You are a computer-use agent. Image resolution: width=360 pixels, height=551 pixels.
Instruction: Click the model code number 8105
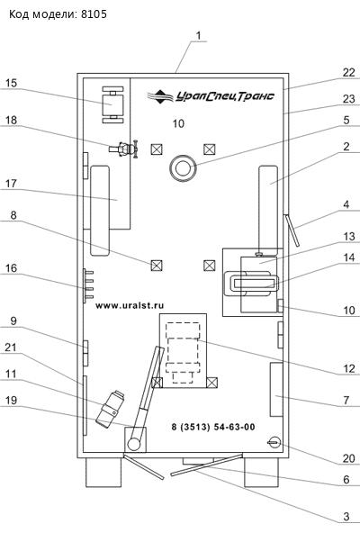click(94, 14)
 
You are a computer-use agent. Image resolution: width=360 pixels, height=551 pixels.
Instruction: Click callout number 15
click(11, 83)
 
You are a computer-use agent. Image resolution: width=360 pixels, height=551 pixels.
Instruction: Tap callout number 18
click(11, 120)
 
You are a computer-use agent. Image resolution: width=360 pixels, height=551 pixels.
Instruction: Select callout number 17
click(11, 184)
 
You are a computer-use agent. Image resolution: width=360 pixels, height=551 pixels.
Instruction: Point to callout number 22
click(349, 72)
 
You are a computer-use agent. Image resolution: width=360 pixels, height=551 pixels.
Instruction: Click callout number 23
click(349, 99)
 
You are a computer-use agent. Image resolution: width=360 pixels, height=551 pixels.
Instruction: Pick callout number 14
click(349, 257)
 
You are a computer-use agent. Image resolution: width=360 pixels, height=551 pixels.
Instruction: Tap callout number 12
click(349, 368)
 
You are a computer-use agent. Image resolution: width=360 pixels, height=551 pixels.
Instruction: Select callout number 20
click(349, 458)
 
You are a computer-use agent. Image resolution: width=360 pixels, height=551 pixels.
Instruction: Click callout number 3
click(346, 516)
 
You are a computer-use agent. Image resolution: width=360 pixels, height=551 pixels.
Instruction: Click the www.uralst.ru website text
click(130, 305)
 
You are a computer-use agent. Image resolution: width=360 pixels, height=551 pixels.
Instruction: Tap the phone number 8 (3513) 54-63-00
click(213, 427)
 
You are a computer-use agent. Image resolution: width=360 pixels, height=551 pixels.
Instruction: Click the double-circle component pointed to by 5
click(182, 168)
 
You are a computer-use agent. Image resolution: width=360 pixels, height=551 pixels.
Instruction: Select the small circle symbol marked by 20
click(274, 442)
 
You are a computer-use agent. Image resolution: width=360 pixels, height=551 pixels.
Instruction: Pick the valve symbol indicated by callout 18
click(123, 149)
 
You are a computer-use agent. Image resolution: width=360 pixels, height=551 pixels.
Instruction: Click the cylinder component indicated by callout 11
click(112, 409)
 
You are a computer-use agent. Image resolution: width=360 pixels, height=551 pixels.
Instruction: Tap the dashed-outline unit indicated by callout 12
click(183, 352)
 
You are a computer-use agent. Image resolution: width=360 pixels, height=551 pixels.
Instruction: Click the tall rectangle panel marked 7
click(276, 390)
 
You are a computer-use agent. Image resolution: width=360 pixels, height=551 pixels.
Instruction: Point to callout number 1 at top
click(199, 35)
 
